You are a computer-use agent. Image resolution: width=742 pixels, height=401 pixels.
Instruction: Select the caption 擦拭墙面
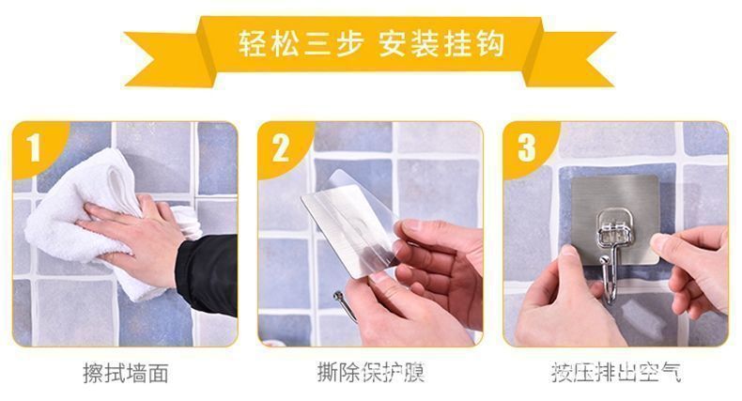tap(126, 374)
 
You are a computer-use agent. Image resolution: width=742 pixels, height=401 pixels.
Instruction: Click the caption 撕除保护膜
tap(371, 374)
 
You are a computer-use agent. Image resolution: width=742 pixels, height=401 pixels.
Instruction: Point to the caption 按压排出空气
tap(616, 374)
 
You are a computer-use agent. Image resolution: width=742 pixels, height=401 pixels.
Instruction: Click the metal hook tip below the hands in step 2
tap(340, 302)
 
